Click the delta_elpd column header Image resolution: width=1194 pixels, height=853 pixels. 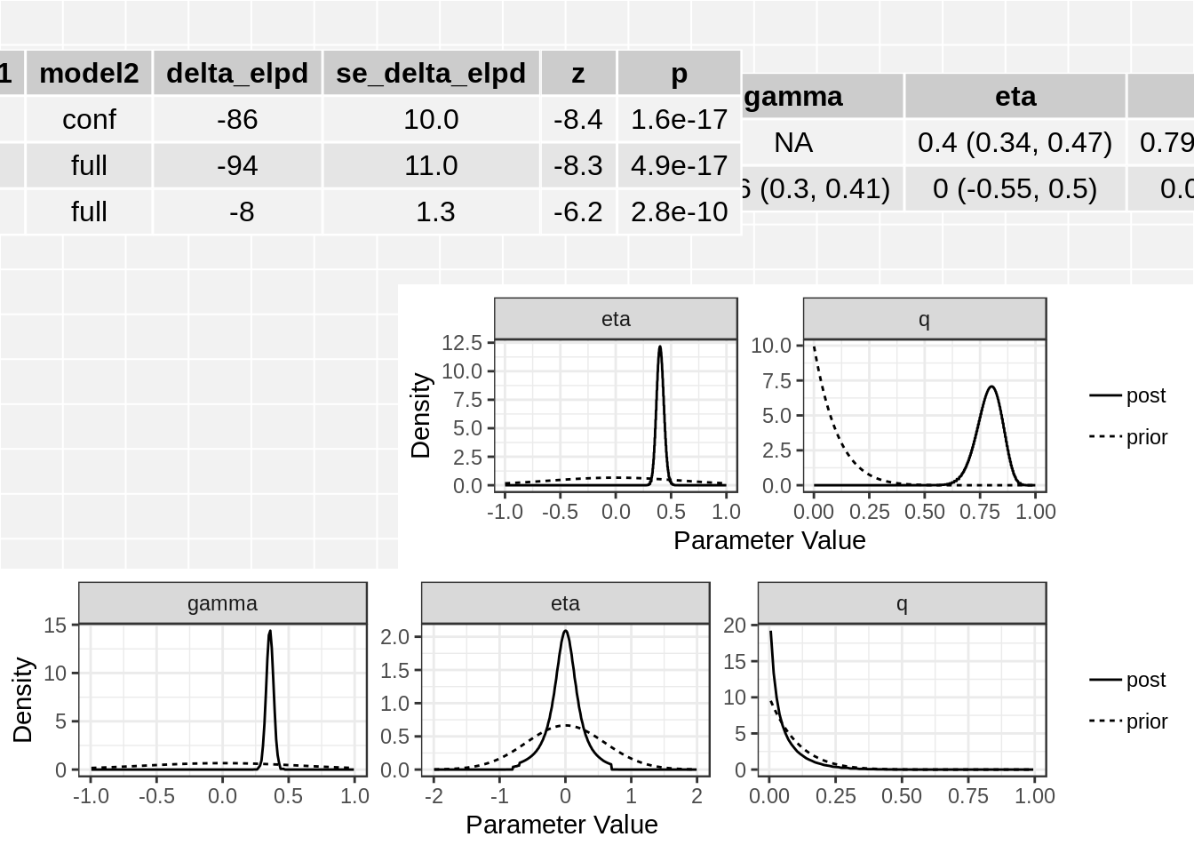[x=237, y=73]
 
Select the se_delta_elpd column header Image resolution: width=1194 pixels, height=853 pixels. [x=431, y=73]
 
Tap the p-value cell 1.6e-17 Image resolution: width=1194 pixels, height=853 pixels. [x=679, y=119]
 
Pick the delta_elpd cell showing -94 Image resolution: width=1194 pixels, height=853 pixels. [x=237, y=165]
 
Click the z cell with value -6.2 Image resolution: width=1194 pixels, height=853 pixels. [x=577, y=211]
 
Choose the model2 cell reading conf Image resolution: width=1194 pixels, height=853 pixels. [x=89, y=119]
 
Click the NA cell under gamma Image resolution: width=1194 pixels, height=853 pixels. [x=793, y=142]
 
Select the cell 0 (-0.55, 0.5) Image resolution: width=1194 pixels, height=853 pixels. [x=1015, y=188]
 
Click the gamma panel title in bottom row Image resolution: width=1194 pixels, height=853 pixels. [x=222, y=603]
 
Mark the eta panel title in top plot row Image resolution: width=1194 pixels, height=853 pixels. [x=616, y=319]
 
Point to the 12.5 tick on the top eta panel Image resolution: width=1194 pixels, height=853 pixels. [x=462, y=342]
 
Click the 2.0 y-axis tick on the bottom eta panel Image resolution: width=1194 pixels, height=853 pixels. [x=394, y=636]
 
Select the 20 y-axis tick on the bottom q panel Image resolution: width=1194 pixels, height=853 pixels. [x=735, y=625]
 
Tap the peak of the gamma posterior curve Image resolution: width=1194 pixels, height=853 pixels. [x=270, y=632]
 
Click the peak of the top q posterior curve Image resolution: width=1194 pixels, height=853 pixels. [x=991, y=387]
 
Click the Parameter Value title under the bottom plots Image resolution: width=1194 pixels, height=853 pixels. [x=561, y=825]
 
